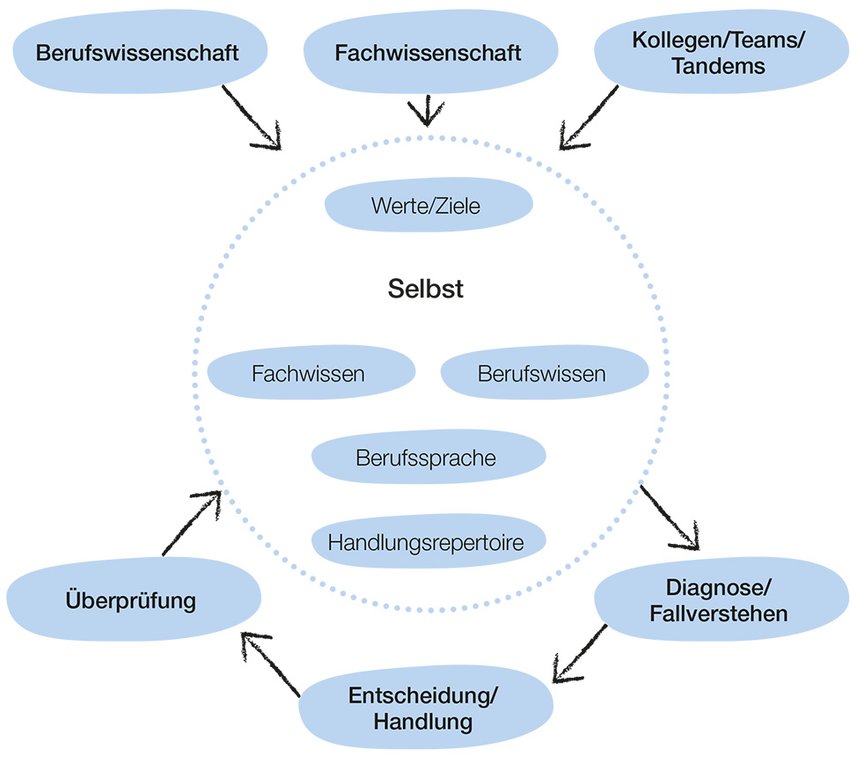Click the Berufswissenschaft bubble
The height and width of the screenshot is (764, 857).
pos(137,52)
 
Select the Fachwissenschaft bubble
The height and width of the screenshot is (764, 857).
pos(428,52)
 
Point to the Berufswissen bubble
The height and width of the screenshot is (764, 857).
pos(542,373)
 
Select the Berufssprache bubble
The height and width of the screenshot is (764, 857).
pos(427,458)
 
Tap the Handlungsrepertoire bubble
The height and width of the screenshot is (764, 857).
pos(427,542)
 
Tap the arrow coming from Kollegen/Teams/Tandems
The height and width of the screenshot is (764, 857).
pos(589,116)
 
